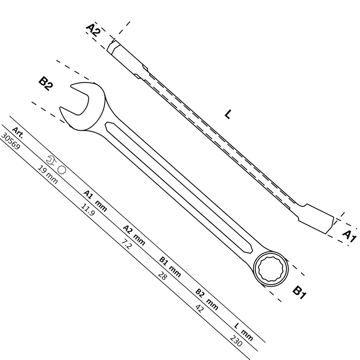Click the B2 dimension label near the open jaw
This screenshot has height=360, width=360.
(46, 84)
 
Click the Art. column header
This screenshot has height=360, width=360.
(18, 133)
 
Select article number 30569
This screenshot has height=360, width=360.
(10, 142)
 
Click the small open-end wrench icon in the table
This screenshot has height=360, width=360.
(51, 160)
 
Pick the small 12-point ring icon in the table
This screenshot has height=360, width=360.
(62, 170)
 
